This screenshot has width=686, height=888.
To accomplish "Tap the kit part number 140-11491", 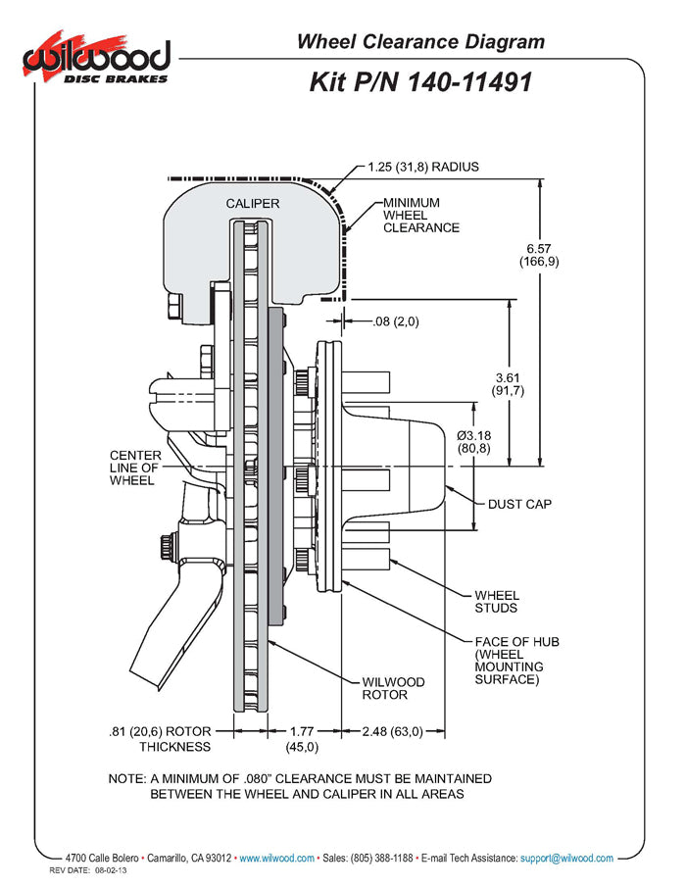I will pos(420,82).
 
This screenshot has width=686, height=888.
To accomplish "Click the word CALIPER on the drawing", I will pos(253,204).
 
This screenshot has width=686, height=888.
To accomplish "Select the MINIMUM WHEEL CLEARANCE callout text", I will pos(420,215).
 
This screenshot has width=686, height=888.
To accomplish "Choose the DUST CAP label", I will pos(519,505).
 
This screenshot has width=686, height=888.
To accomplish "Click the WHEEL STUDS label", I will pos(497,602).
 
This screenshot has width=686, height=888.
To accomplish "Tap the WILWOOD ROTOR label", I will pos(393,688).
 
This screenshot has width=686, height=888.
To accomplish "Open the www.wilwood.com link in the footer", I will pos(276,859).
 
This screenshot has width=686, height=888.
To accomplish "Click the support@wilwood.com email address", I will pos(567,859).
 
